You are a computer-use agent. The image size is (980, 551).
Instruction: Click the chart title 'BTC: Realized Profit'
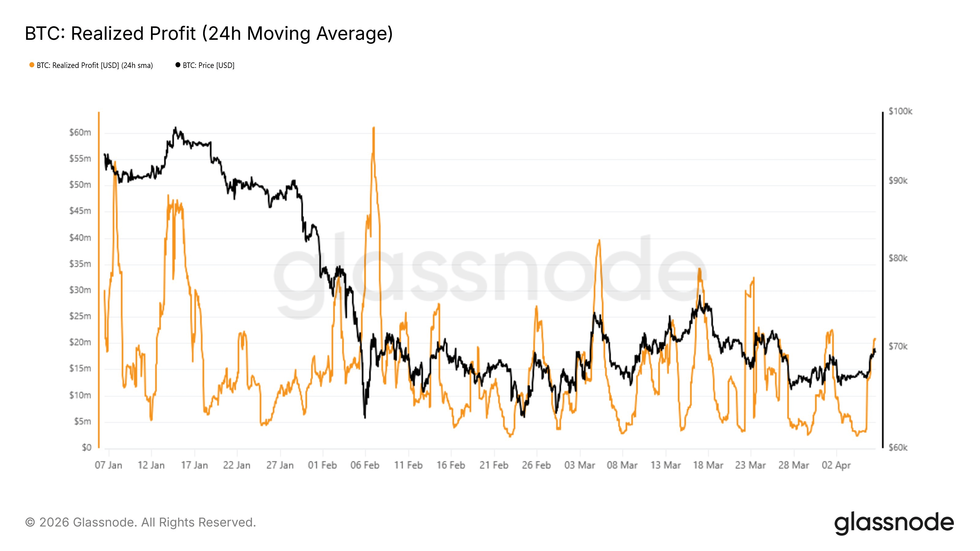209,33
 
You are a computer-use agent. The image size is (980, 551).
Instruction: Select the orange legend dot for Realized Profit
32,65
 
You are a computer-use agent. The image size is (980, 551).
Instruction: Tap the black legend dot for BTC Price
178,65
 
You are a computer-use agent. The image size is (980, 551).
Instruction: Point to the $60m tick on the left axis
80,132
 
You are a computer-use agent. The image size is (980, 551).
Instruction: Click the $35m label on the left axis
80,264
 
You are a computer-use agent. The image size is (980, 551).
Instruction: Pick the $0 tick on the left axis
87,448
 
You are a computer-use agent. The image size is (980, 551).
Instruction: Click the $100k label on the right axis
900,111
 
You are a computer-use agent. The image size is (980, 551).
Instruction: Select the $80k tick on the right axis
898,258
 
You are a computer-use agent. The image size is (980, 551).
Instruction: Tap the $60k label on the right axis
898,448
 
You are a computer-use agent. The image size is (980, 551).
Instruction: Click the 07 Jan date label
108,465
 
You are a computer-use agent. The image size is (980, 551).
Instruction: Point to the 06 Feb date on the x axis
365,465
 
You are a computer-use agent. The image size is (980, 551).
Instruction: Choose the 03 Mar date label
579,465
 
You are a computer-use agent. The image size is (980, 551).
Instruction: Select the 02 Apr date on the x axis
836,465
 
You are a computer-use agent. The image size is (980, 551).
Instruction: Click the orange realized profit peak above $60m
374,128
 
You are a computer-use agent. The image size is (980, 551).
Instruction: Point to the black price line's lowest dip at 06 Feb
365,418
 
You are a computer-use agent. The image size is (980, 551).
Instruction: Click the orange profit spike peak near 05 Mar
599,240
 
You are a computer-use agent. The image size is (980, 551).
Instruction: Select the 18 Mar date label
708,465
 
